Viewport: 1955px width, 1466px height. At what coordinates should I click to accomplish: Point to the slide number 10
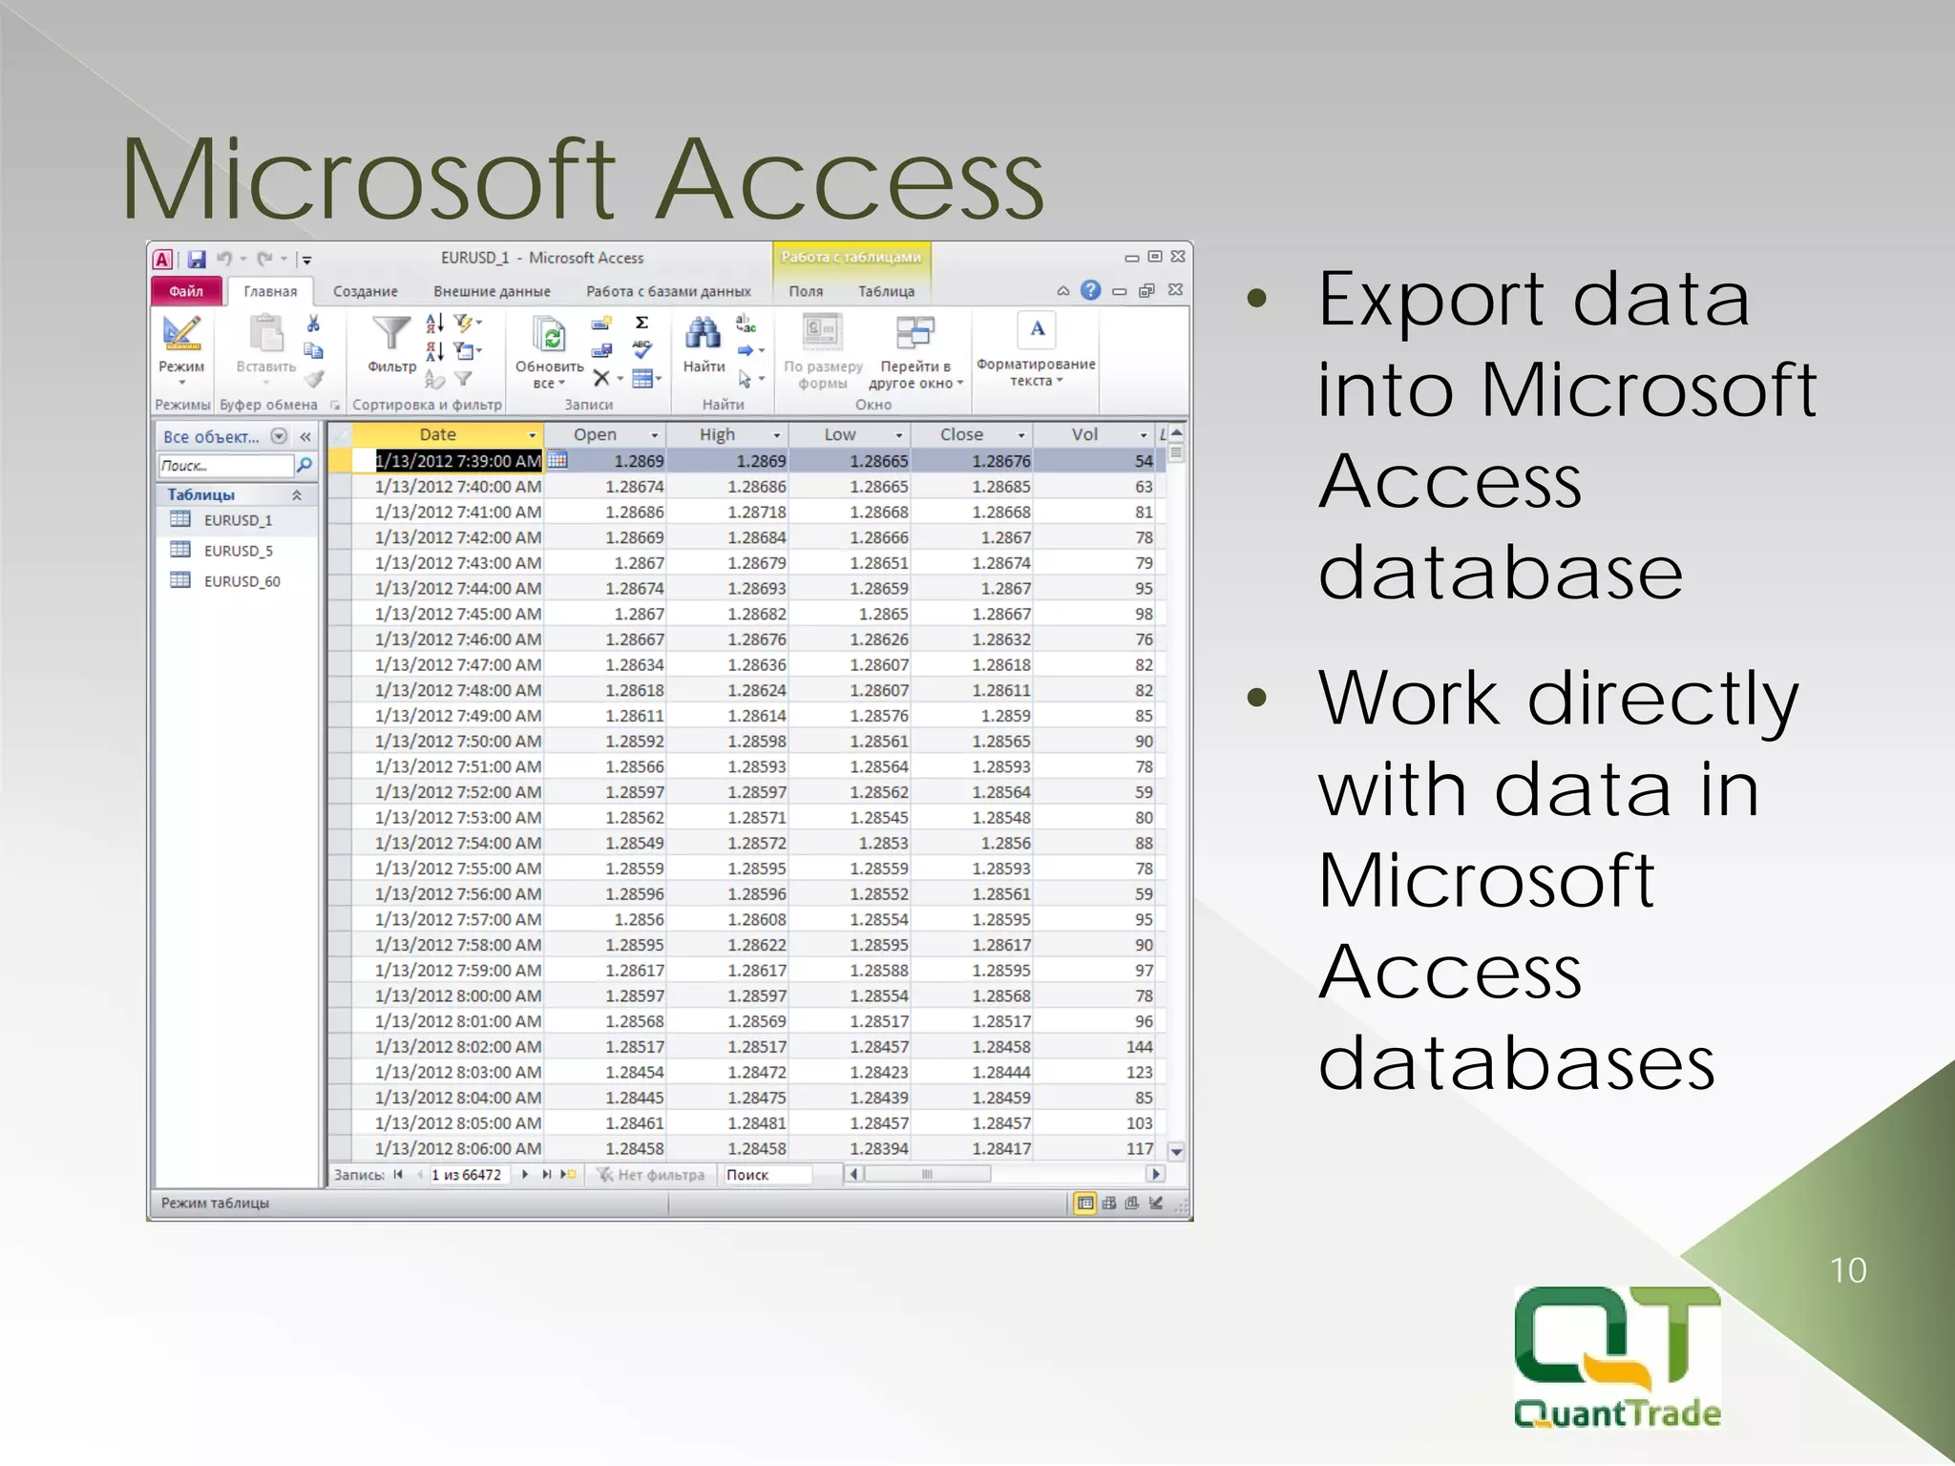coord(1847,1270)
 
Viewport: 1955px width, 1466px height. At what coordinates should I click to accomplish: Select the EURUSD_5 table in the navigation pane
coord(237,551)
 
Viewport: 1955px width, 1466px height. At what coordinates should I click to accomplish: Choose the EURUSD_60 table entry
coord(241,581)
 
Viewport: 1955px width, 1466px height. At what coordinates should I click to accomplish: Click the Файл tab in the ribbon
coord(186,291)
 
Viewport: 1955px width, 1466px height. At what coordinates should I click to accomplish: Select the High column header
coord(717,435)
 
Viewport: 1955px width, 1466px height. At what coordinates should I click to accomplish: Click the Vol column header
coord(1084,435)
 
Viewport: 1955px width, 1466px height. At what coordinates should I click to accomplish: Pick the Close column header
coord(961,435)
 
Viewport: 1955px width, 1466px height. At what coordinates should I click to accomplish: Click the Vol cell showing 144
coord(1139,1047)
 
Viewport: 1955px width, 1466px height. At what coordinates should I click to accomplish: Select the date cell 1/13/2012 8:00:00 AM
coord(458,995)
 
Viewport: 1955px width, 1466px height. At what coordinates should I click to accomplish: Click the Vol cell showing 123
coord(1139,1073)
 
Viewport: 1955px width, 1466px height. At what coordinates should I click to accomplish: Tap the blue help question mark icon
coord(1090,290)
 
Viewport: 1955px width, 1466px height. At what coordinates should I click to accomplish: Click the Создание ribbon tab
coord(365,292)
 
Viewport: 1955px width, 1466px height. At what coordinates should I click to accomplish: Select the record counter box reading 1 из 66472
coord(467,1175)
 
